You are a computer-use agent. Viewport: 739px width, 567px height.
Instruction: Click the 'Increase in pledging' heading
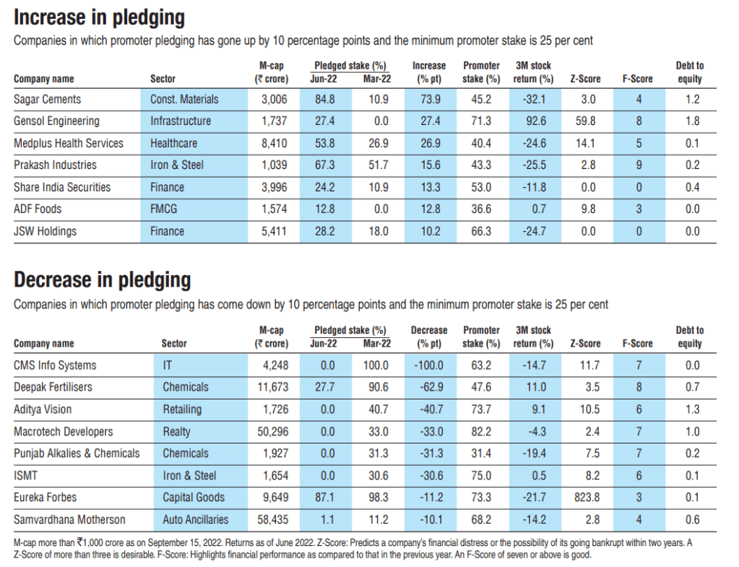click(100, 17)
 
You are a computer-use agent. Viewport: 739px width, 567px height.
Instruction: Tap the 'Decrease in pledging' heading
click(103, 280)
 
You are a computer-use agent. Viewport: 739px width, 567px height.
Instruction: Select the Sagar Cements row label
click(48, 99)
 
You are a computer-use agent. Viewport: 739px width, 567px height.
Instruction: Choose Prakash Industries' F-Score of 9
click(638, 165)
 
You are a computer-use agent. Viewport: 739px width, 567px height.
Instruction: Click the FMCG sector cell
click(164, 209)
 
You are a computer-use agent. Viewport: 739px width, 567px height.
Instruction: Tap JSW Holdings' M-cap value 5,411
click(275, 232)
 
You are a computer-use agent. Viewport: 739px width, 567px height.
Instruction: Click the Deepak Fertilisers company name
click(53, 387)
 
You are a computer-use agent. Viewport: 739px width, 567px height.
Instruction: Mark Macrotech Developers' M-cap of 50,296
click(272, 432)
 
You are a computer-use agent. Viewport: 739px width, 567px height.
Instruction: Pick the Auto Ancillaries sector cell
click(195, 519)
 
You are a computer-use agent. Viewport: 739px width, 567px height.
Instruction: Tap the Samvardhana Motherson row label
click(69, 519)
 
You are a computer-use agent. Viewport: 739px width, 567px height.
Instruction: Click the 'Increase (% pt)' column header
click(429, 72)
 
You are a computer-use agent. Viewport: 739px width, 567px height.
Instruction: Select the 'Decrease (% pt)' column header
click(429, 337)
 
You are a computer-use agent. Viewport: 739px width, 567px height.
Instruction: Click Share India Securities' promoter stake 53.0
click(480, 188)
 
